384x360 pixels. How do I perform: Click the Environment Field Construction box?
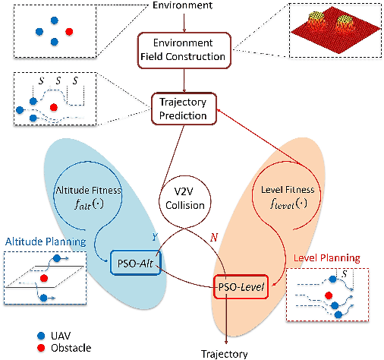tap(183, 49)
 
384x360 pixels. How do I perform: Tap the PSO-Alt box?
tap(137, 262)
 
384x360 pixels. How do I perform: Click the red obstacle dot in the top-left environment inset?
tap(71, 31)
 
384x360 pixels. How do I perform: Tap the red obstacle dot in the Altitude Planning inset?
tap(46, 279)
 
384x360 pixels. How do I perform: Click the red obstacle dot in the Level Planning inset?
tap(329, 294)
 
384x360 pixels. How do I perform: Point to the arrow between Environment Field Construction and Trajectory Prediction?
tap(183, 78)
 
